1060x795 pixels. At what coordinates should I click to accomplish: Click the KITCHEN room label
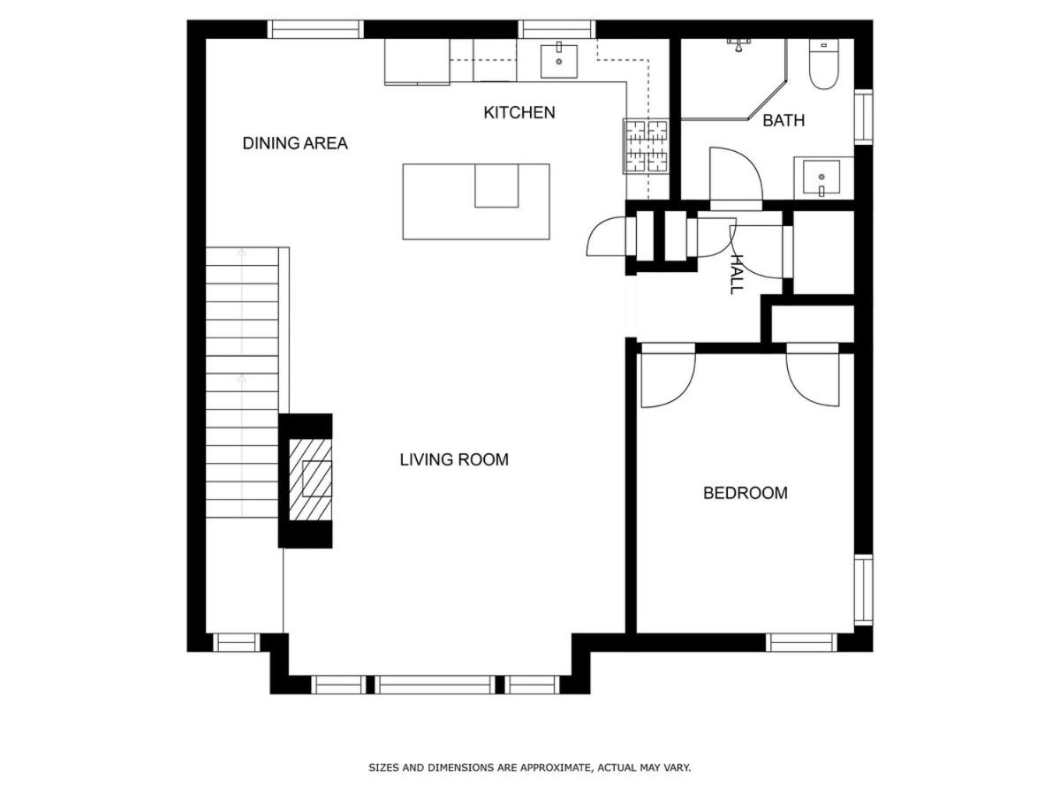pyautogui.click(x=519, y=112)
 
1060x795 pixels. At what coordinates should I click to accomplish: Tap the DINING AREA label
pyautogui.click(x=294, y=143)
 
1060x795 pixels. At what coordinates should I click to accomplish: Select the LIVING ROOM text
pyautogui.click(x=454, y=459)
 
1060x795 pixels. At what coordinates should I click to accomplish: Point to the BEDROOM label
pyautogui.click(x=746, y=493)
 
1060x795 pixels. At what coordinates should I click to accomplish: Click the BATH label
pyautogui.click(x=784, y=120)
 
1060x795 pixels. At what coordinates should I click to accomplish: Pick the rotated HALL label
pyautogui.click(x=736, y=274)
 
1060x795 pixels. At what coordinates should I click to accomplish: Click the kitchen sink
pyautogui.click(x=559, y=60)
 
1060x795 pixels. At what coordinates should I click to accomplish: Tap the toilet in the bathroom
pyautogui.click(x=823, y=64)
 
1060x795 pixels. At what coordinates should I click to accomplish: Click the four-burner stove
pyautogui.click(x=646, y=147)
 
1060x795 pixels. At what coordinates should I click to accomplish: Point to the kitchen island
pyautogui.click(x=475, y=201)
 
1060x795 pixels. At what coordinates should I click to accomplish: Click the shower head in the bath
pyautogui.click(x=738, y=45)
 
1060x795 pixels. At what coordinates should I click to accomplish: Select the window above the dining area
pyautogui.click(x=314, y=29)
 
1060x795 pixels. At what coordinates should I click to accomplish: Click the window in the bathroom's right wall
pyautogui.click(x=863, y=117)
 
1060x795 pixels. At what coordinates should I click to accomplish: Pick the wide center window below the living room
pyautogui.click(x=435, y=685)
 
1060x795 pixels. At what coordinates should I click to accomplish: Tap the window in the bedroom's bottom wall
pyautogui.click(x=801, y=642)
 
